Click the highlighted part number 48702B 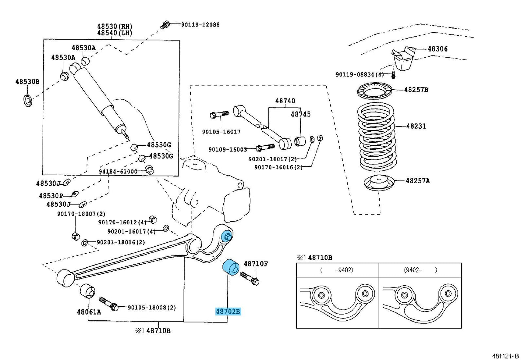coord(228,311)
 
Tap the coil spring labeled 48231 coord(376,137)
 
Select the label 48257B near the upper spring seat coord(416,90)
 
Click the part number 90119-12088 coord(200,25)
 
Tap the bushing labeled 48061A coord(88,291)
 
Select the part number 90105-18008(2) coord(152,308)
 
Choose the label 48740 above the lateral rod coord(285,101)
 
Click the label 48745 coord(301,114)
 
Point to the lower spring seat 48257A coord(379,183)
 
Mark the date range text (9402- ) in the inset coord(420,270)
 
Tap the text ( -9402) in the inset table coord(337,270)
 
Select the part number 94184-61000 coord(118,171)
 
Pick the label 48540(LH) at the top coord(115,33)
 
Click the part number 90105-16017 coord(221,132)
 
